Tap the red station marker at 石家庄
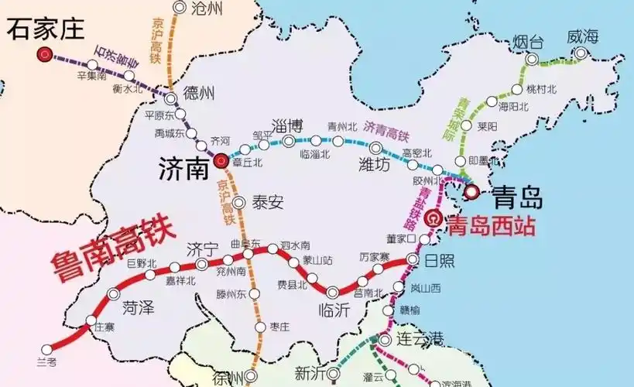(45, 55)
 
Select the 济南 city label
(184, 168)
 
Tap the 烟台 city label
(531, 40)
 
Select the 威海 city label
(582, 36)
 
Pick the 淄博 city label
(287, 125)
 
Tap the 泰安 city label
(268, 203)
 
